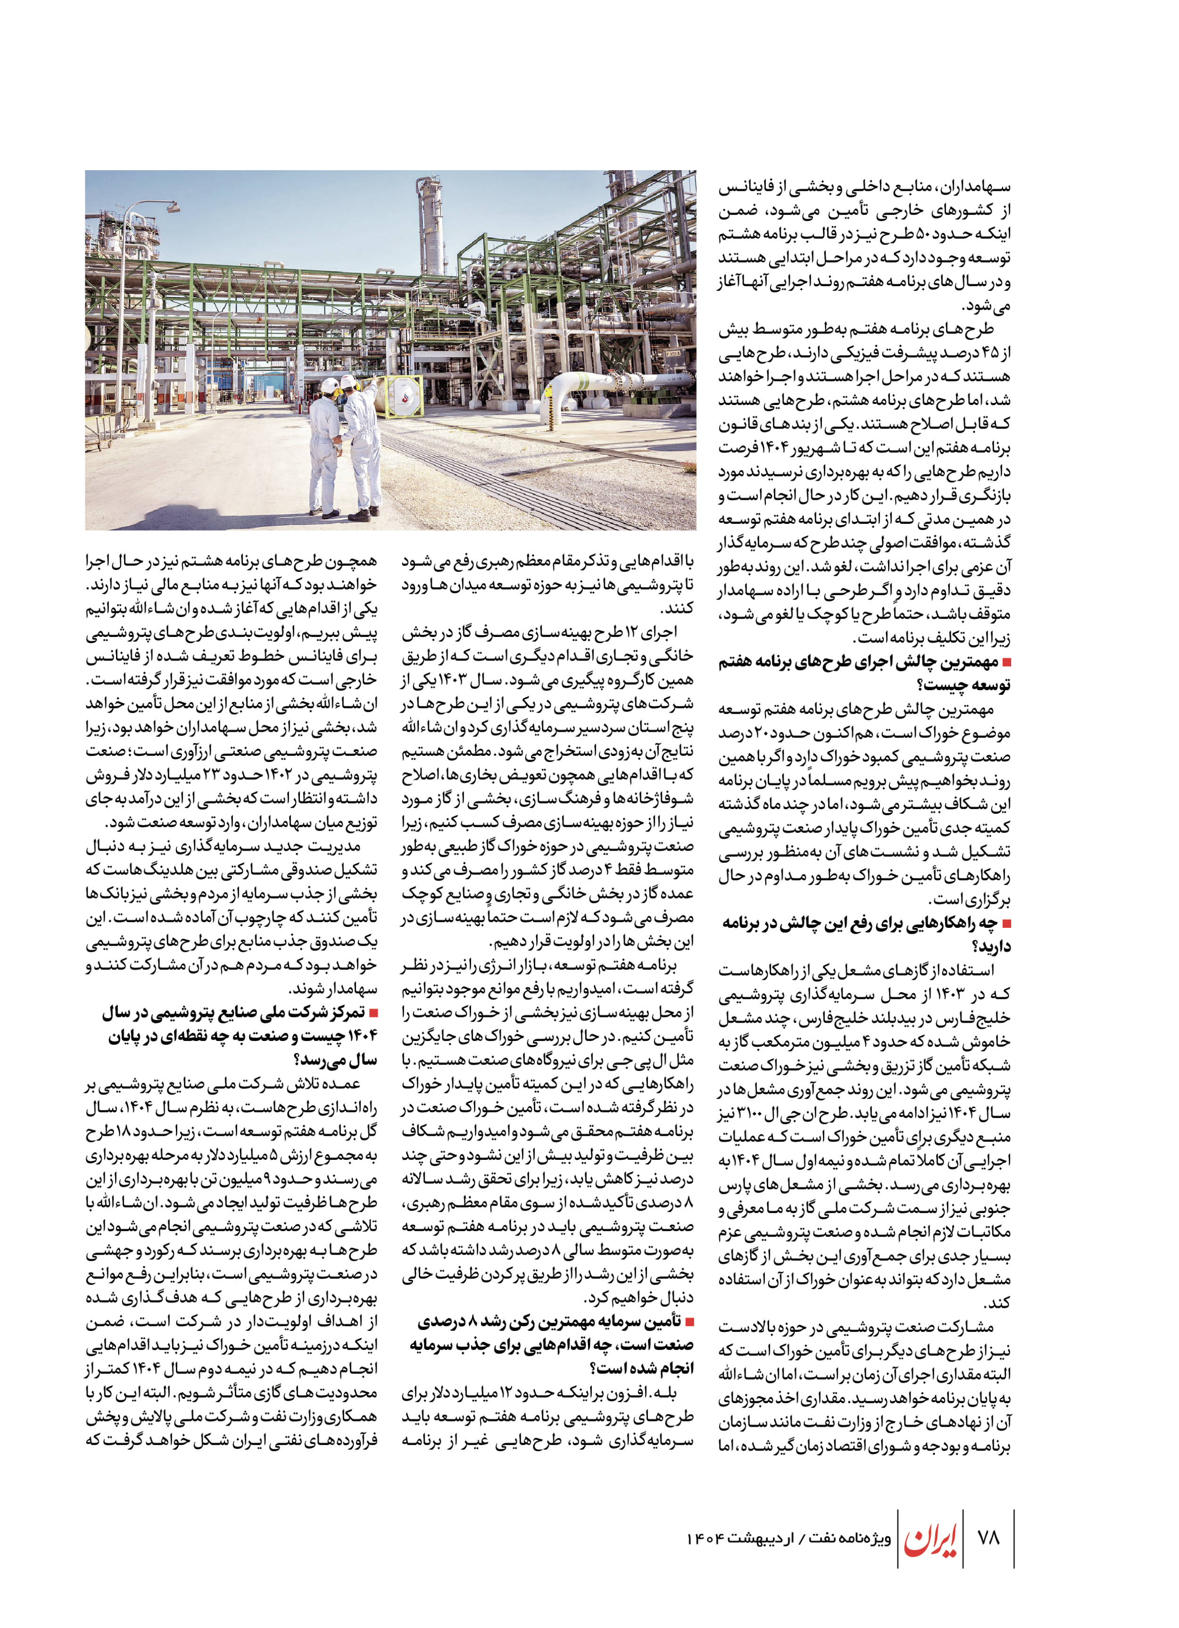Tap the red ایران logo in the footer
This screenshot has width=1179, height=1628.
point(930,1537)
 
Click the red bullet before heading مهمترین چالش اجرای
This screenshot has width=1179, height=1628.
point(1006,662)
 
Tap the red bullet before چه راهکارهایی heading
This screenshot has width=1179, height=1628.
point(1006,924)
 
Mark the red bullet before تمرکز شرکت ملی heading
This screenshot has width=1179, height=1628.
point(373,1013)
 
